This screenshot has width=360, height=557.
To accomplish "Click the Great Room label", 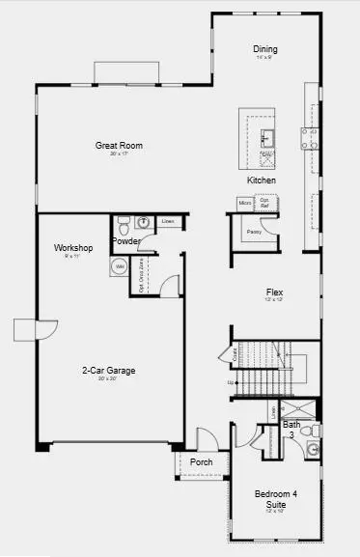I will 119,146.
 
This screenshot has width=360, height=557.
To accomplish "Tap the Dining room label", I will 264,48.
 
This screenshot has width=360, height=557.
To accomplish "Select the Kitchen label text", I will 262,181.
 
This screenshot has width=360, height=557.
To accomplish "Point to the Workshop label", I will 72,248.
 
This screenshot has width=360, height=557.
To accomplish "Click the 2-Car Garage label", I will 108,370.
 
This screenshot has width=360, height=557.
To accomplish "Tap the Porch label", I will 201,462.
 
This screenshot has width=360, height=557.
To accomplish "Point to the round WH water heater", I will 120,265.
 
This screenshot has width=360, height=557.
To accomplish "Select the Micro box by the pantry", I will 245,203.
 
